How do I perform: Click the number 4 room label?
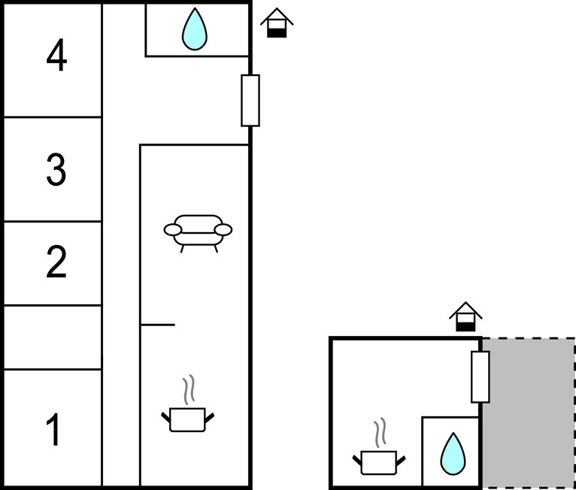pyautogui.click(x=56, y=56)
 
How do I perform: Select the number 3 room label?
pyautogui.click(x=56, y=171)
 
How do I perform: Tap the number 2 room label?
pyautogui.click(x=56, y=262)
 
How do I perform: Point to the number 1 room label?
pyautogui.click(x=53, y=431)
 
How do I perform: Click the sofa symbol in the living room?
pyautogui.click(x=198, y=231)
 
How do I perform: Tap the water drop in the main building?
pyautogui.click(x=194, y=29)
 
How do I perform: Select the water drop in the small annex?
pyautogui.click(x=452, y=454)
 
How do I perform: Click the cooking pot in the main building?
pyautogui.click(x=187, y=419)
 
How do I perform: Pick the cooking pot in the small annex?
pyautogui.click(x=378, y=461)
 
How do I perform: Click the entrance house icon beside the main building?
pyautogui.click(x=277, y=23)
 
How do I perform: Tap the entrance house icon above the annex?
pyautogui.click(x=465, y=317)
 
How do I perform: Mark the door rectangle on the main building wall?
pyautogui.click(x=250, y=100)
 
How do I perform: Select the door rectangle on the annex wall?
pyautogui.click(x=480, y=377)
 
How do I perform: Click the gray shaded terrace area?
pyautogui.click(x=528, y=413)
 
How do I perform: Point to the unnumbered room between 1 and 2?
pyautogui.click(x=53, y=337)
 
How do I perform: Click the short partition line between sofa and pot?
pyautogui.click(x=158, y=325)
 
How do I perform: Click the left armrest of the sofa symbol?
pyautogui.click(x=172, y=230)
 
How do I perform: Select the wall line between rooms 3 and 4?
pyautogui.click(x=53, y=117)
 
